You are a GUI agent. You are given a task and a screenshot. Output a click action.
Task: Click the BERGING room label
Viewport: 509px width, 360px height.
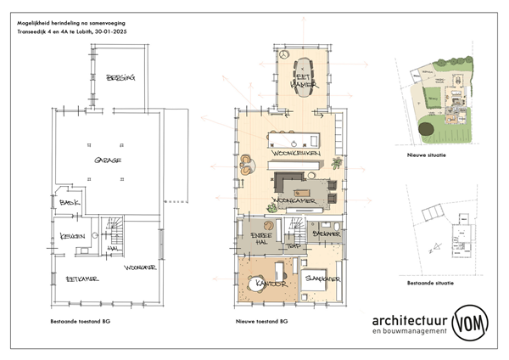click(x=120, y=78)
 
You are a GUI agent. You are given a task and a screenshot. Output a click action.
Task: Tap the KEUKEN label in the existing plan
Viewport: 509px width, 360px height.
click(x=72, y=236)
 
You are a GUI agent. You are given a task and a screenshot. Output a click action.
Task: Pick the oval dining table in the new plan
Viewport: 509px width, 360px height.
click(x=303, y=74)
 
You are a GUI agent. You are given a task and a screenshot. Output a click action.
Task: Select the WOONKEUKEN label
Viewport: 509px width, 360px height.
click(x=296, y=153)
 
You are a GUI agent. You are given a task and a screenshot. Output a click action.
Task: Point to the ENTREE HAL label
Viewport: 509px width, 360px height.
click(x=258, y=239)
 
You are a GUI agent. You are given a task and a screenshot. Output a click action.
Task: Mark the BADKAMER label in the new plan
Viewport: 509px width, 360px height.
click(x=326, y=232)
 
